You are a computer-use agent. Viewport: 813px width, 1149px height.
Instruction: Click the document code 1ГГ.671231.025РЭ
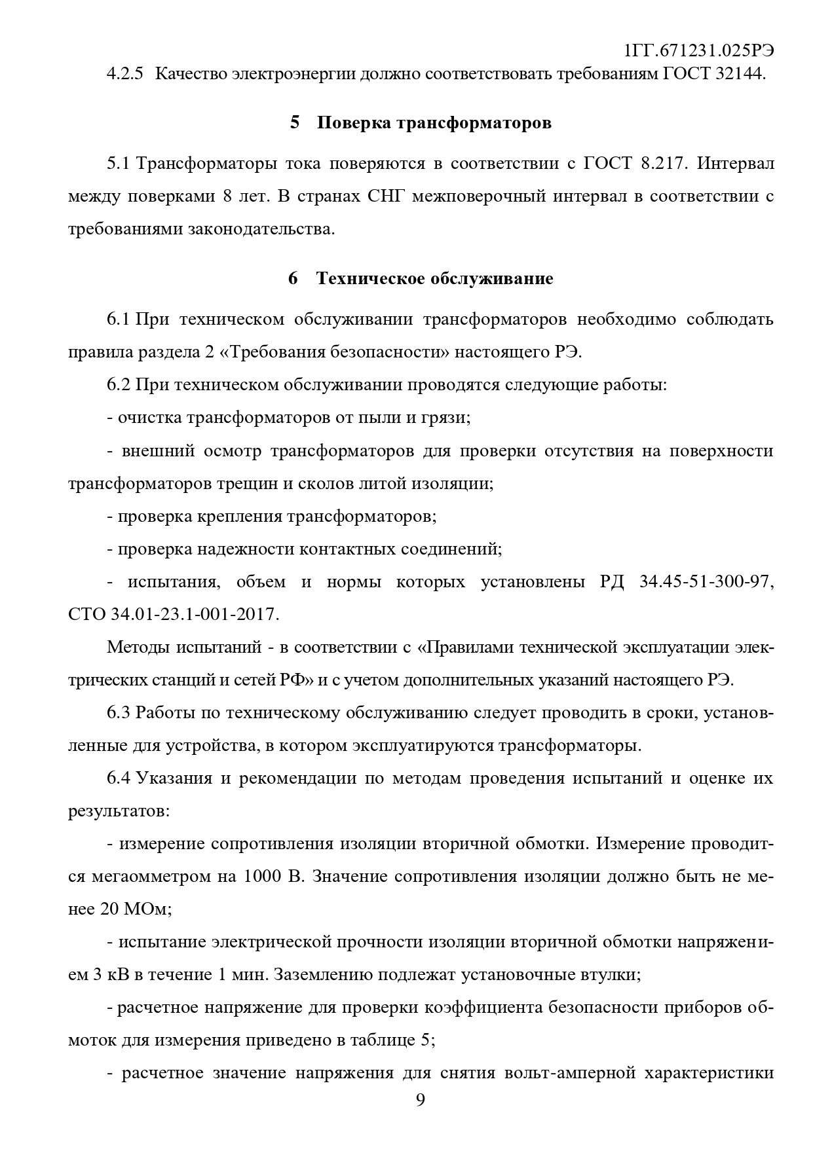(x=700, y=51)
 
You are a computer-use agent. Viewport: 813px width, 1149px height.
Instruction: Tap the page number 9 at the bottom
(x=420, y=1100)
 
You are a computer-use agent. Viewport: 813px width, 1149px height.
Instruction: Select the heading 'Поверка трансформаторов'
(x=434, y=122)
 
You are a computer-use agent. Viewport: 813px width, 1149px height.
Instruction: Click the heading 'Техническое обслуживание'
(x=434, y=278)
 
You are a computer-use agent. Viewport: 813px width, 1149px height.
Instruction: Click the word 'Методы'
(x=136, y=647)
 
